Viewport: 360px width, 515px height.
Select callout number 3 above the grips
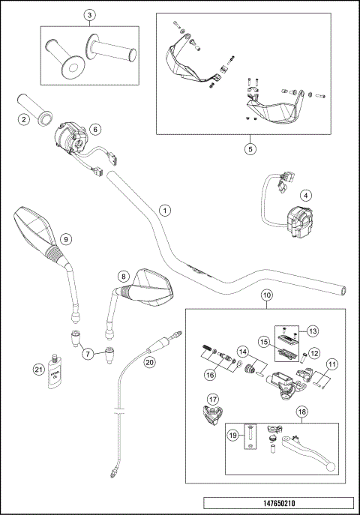(x=89, y=15)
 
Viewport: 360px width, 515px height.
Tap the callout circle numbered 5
(x=250, y=148)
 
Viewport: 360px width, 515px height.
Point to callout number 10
(x=266, y=296)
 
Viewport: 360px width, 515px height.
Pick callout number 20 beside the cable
(x=150, y=361)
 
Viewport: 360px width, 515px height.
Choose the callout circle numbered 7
(x=88, y=352)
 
